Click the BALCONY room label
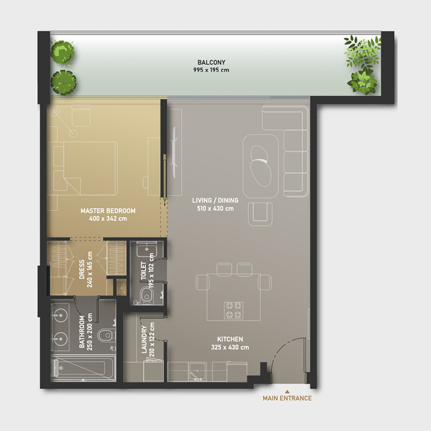click(207, 62)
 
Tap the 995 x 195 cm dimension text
click(207, 70)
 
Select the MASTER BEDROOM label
click(108, 211)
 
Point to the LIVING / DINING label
click(215, 201)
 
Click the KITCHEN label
click(230, 339)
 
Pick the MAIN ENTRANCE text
click(287, 399)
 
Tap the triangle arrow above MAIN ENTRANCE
click(287, 391)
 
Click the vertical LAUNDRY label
click(144, 340)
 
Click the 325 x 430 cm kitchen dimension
click(230, 347)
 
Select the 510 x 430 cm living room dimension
click(215, 208)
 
